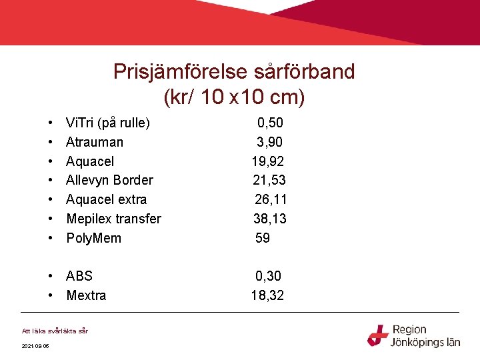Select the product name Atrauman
coord(95,142)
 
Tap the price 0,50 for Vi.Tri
coord(270,123)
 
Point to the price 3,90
coord(270,142)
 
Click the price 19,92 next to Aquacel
coord(268,161)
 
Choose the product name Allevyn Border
coord(109,180)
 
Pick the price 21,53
coord(269,180)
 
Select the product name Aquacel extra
coord(106,199)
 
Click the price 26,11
coord(271,199)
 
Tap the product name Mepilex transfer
coord(113,219)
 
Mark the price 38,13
coord(269,219)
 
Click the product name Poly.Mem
coord(93,238)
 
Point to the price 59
coord(263,238)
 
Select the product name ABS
coord(79,276)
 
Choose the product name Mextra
coord(86,295)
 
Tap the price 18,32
coord(267,295)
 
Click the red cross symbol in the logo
coord(378,335)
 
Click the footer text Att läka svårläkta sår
coord(55,331)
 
